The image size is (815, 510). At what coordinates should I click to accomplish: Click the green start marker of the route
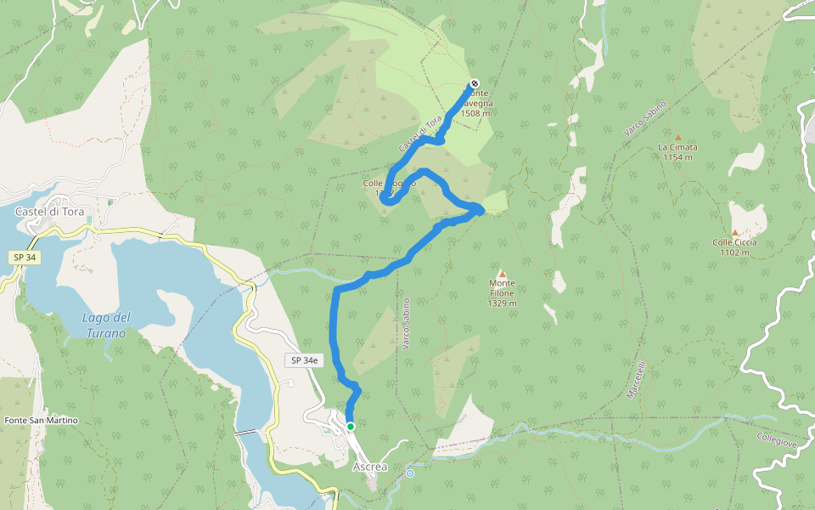[x=350, y=427]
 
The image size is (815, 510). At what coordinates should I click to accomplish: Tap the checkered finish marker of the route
[x=474, y=83]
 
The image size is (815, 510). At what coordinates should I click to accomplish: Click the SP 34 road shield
[x=25, y=257]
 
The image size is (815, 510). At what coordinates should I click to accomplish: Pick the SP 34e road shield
[x=304, y=360]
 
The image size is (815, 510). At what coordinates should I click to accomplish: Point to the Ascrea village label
[x=369, y=467]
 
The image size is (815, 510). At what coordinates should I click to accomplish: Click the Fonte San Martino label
[x=41, y=421]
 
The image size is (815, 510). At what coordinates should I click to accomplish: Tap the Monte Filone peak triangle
[x=502, y=274]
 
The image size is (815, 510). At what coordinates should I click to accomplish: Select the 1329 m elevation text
[x=502, y=303]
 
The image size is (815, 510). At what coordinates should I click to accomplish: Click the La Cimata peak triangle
[x=677, y=137]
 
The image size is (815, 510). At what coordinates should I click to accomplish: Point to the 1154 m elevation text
[x=677, y=157]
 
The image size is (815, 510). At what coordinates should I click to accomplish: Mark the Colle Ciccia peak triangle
[x=734, y=232]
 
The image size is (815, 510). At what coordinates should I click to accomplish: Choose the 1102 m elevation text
[x=734, y=252]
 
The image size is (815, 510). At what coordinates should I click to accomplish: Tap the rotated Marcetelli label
[x=636, y=382]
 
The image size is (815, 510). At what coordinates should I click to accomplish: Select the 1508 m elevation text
[x=476, y=112]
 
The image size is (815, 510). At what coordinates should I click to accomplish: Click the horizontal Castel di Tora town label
[x=50, y=212]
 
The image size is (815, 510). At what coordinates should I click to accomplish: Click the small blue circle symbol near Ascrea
[x=409, y=473]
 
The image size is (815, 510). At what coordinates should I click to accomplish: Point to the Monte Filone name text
[x=502, y=288]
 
